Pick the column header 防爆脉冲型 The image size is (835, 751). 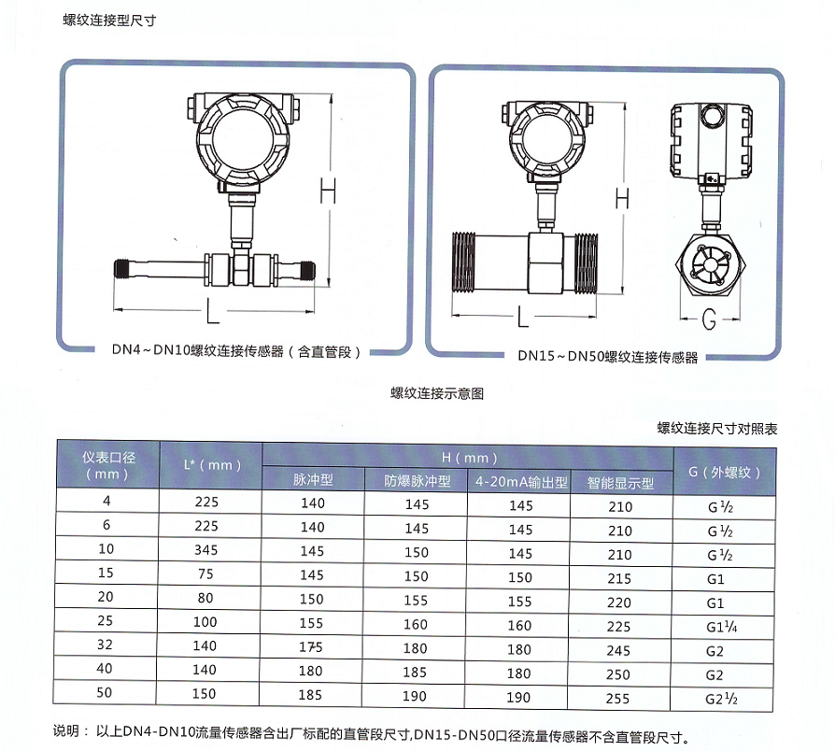417,481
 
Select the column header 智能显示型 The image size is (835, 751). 620,483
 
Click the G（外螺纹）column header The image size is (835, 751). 725,472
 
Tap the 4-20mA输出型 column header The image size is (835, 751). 521,482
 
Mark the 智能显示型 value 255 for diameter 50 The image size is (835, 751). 618,698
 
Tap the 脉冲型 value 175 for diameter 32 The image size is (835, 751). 312,647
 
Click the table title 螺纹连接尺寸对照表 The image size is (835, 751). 716,429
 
